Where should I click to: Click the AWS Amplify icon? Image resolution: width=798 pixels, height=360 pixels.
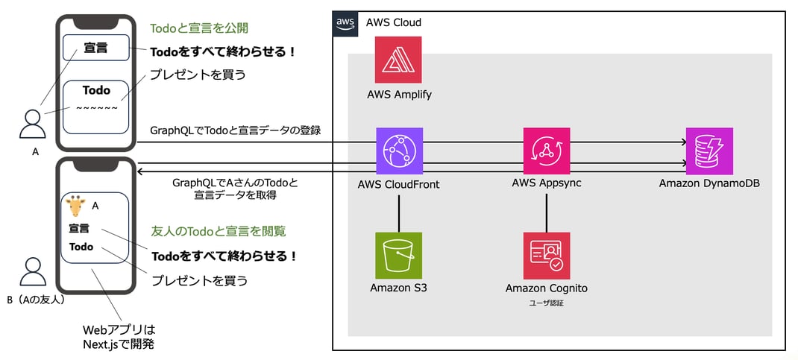(398, 60)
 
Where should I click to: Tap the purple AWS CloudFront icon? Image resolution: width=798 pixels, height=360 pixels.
(399, 151)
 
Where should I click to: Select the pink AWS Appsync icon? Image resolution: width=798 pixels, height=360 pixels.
(547, 151)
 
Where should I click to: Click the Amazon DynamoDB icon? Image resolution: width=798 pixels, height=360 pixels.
(709, 151)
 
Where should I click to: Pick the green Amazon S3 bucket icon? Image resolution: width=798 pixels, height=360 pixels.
(399, 255)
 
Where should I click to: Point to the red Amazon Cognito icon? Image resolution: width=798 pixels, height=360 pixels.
(547, 255)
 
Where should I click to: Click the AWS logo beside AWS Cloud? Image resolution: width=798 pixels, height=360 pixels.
(345, 22)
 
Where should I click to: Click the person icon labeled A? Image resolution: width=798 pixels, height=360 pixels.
(32, 124)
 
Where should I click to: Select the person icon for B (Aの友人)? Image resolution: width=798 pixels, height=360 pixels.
(32, 273)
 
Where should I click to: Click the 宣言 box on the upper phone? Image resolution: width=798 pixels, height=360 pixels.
(95, 48)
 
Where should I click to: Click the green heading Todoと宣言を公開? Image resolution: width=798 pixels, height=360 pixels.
(199, 28)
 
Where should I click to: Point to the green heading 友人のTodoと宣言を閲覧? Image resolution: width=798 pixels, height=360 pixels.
(219, 231)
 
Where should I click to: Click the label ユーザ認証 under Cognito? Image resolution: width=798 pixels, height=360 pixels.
(547, 303)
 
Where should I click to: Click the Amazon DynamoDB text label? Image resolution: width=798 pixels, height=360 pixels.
(709, 183)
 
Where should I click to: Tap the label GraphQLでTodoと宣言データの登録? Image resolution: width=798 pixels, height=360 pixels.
(236, 130)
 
